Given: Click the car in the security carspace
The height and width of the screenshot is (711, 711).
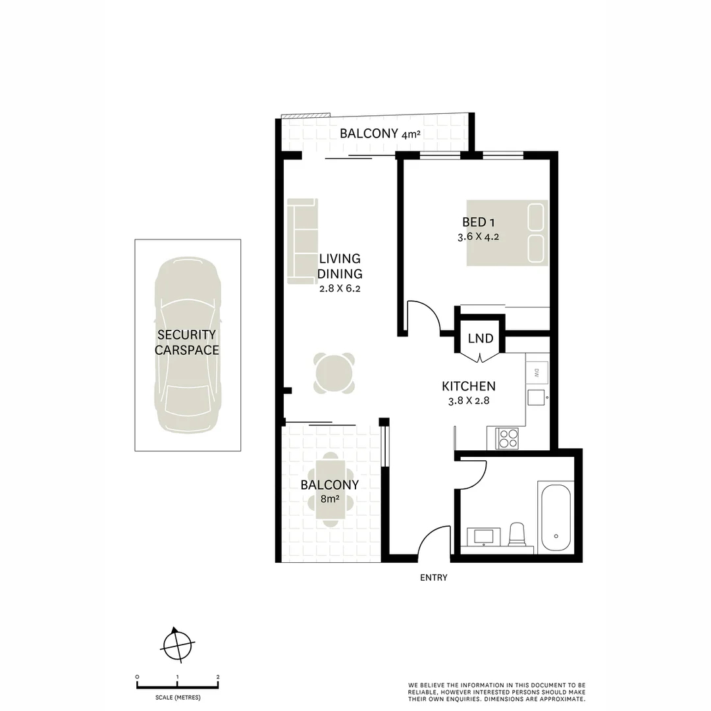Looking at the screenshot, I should click(x=187, y=345).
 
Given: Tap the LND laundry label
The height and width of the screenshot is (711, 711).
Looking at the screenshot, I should click(x=481, y=338).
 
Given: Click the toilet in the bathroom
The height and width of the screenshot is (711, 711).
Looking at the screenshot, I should click(x=517, y=534).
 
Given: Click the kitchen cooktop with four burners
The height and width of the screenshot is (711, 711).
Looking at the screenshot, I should click(x=508, y=438).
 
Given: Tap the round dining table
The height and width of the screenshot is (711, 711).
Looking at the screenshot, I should click(x=334, y=374).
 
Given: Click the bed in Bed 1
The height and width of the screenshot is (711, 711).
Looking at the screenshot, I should click(x=507, y=233).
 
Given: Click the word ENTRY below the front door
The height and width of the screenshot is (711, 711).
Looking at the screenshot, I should click(x=433, y=578).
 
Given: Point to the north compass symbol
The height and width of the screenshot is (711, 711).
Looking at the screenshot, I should click(x=177, y=643).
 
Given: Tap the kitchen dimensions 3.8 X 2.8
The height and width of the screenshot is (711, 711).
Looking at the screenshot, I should click(x=467, y=400).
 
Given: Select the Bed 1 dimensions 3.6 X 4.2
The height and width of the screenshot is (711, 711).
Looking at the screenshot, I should click(x=478, y=237).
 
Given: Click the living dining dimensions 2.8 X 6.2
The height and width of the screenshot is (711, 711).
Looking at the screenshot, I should click(x=340, y=288).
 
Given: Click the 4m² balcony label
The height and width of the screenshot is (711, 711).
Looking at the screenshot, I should click(x=380, y=134).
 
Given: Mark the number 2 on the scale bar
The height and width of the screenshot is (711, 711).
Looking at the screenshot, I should click(x=218, y=677).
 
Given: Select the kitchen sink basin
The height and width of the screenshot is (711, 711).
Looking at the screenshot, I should click(x=536, y=397).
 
